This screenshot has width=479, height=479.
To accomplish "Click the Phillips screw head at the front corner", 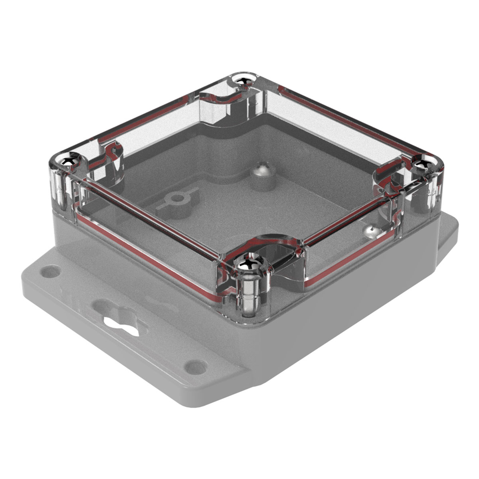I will (x=248, y=264).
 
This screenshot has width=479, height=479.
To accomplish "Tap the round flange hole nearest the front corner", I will (x=196, y=366).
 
